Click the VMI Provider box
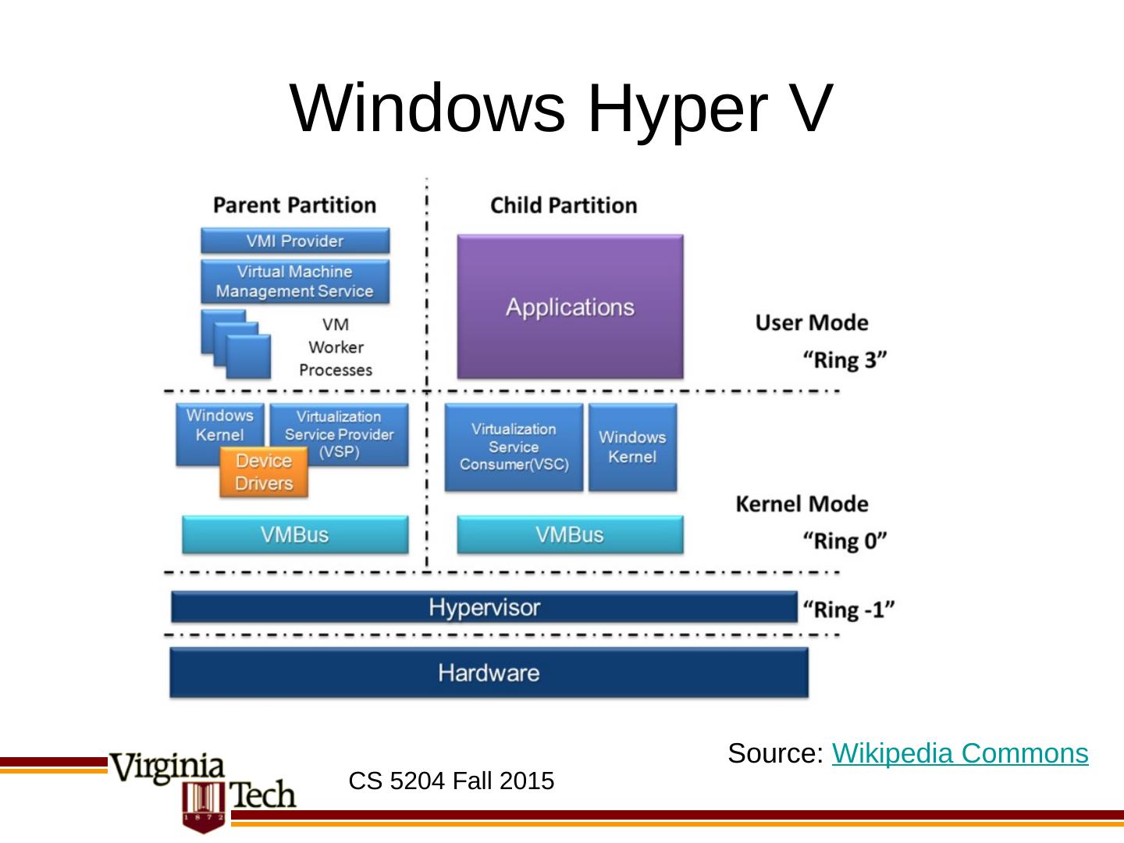pos(295,240)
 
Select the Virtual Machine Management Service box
pos(295,281)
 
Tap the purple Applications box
pos(570,307)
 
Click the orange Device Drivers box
pos(264,472)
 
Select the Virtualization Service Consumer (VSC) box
pos(514,447)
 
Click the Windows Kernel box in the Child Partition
pos(632,447)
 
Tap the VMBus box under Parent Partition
pos(295,535)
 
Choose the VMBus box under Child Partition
pos(570,535)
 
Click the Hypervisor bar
pos(484,607)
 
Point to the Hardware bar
pos(489,673)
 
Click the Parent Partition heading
pos(295,205)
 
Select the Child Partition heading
pos(564,205)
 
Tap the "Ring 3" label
pos(845,360)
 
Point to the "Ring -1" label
pos(848,609)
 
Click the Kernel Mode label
pos(802,503)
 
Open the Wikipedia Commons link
pos(960,753)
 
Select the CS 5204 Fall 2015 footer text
pos(451,781)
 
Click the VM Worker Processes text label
pos(336,347)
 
